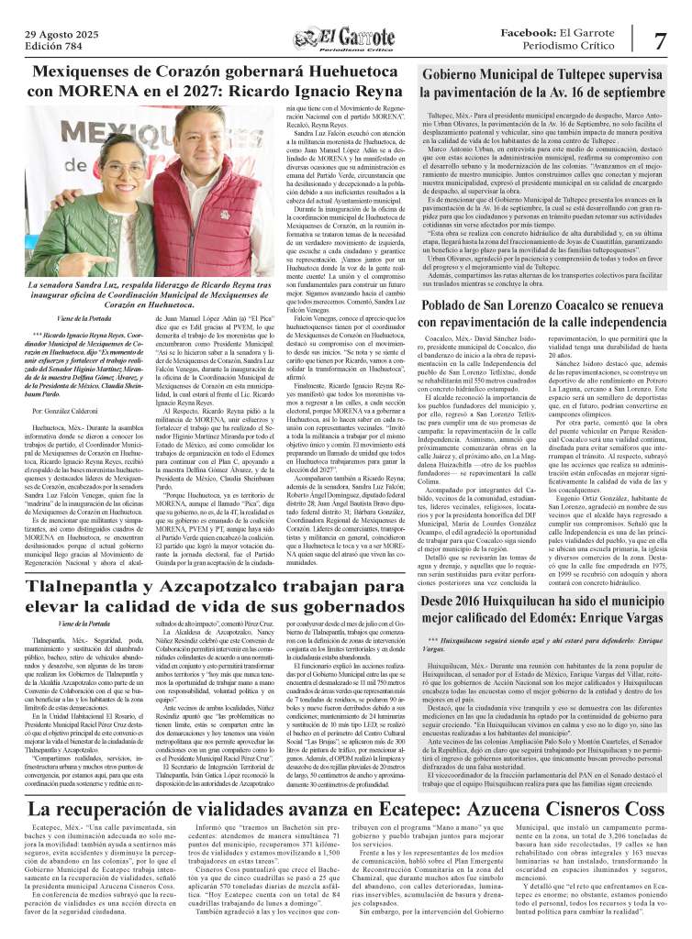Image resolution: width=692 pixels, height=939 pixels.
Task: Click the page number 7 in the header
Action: pyautogui.click(x=660, y=40)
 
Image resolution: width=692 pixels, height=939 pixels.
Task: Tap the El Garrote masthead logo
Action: pyautogui.click(x=345, y=40)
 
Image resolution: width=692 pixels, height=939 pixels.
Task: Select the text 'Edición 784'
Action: pyautogui.click(x=57, y=47)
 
